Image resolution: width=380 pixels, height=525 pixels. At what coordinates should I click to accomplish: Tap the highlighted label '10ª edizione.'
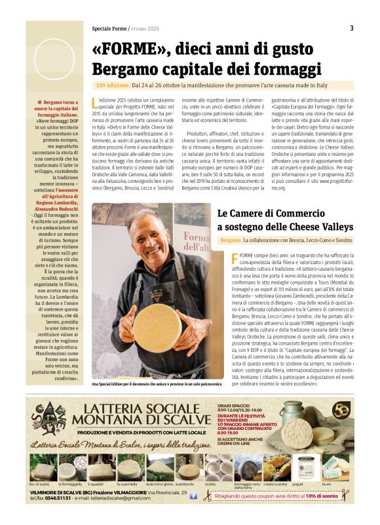(x=111, y=85)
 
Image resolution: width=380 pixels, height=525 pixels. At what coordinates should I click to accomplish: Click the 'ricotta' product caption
(x=210, y=483)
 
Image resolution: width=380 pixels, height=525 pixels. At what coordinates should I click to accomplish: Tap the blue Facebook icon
(x=193, y=497)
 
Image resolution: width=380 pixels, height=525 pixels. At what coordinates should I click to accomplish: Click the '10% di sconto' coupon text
(x=320, y=496)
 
